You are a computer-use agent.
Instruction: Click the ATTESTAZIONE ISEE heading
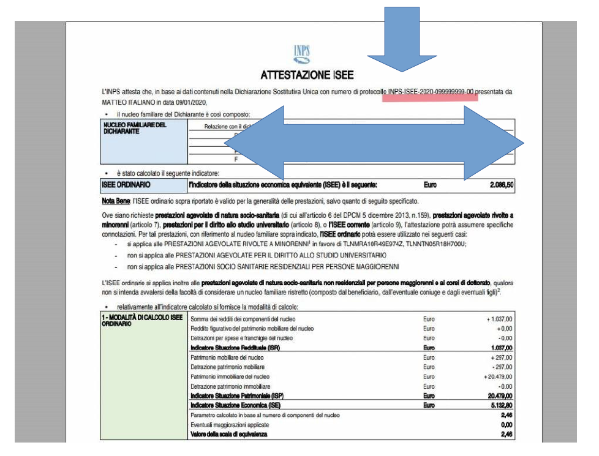[307, 75]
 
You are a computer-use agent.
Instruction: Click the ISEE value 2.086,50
[497, 184]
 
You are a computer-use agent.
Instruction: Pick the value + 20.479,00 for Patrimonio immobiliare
[495, 376]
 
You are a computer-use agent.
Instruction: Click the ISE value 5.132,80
[499, 405]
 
